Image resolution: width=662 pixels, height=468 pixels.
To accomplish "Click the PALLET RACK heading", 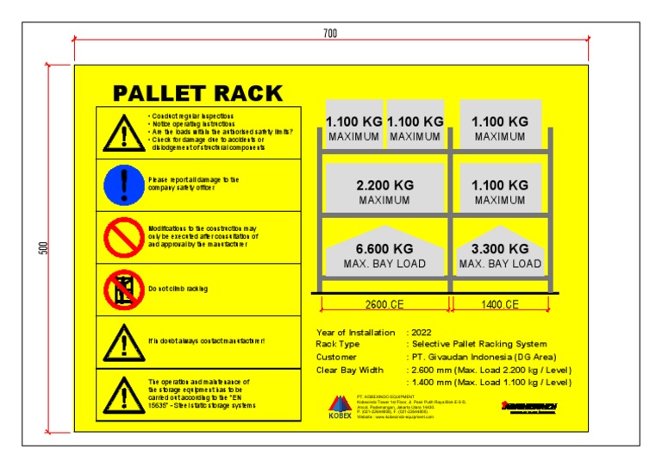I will (x=197, y=92).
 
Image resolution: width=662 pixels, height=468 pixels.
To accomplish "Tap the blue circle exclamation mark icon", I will (x=122, y=184).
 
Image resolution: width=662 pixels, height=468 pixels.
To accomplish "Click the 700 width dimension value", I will (x=330, y=33).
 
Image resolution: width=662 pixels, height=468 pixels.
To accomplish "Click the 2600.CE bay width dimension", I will (x=384, y=304).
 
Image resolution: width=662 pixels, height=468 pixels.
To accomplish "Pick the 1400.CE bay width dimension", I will (x=500, y=304).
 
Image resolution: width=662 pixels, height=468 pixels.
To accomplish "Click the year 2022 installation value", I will (x=422, y=332).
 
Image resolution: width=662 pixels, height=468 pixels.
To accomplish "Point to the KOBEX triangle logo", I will (x=340, y=405).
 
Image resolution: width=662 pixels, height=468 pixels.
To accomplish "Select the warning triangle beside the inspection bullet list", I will (x=122, y=132).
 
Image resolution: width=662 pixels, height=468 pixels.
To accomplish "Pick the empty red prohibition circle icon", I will (x=122, y=235).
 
